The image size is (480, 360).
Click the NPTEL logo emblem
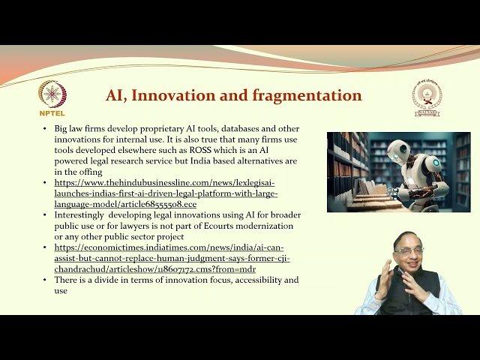click(x=52, y=94)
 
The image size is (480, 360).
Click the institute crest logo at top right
click(x=427, y=97)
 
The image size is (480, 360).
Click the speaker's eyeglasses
click(x=408, y=251)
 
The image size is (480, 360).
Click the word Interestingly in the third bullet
click(x=82, y=214)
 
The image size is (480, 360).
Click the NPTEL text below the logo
click(x=52, y=114)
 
